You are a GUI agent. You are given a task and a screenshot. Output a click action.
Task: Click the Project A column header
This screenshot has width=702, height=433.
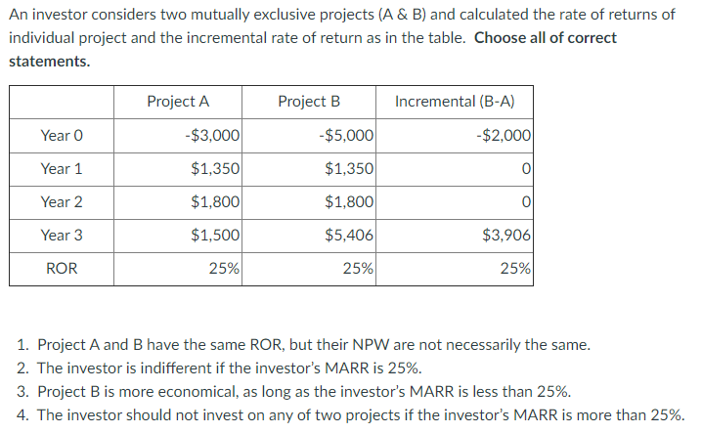178,102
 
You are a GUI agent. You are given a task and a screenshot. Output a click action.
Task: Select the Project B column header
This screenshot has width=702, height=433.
309,102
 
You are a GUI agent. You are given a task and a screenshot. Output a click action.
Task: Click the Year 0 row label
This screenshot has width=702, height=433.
62,135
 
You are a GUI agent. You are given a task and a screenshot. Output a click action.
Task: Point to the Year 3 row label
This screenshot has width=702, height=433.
62,235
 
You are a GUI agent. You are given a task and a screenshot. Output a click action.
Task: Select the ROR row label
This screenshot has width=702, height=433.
62,268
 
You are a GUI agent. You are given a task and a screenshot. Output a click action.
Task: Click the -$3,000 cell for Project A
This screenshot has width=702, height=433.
212,135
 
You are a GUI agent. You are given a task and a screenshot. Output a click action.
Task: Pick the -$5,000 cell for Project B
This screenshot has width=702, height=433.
345,135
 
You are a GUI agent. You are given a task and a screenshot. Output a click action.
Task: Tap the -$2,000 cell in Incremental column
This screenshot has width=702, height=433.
504,135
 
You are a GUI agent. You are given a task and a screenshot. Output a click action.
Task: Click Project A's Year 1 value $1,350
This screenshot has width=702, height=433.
215,168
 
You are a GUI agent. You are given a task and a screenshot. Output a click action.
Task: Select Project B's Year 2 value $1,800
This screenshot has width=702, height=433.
348,201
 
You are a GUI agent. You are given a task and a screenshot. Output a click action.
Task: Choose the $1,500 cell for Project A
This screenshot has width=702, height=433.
215,235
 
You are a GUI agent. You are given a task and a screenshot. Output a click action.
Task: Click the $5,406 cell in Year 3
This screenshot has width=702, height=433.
348,235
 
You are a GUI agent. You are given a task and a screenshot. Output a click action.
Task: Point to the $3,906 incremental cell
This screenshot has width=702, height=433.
506,235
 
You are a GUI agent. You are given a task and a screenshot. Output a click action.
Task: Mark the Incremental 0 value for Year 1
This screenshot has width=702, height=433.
526,168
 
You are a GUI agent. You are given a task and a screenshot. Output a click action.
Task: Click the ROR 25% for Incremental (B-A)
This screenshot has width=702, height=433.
515,268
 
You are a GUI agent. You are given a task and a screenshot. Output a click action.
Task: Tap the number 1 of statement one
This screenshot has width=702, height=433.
22,345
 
